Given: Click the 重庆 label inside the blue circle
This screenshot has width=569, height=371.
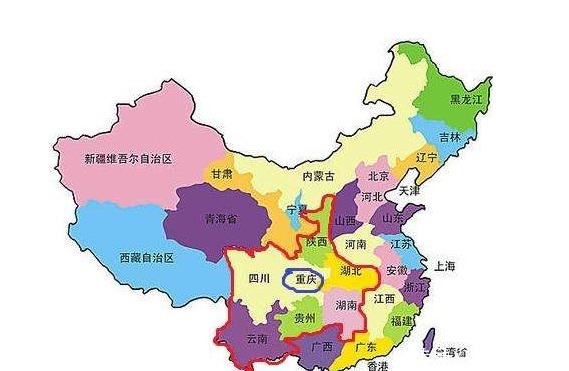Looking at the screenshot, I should tap(306, 281).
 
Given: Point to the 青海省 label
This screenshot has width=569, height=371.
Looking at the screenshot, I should tap(220, 219).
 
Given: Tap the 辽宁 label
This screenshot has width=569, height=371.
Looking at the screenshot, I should tap(427, 158).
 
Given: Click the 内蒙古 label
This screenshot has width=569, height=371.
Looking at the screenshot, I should tap(321, 176).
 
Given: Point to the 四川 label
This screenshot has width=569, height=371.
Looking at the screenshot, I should tap(259, 279).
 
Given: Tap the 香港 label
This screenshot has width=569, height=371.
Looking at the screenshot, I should tap(378, 367).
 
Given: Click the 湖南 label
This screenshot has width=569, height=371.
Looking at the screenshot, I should tap(349, 304).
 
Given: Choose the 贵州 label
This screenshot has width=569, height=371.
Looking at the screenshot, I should tap(304, 318).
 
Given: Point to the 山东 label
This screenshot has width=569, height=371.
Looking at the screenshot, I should tap(394, 216).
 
